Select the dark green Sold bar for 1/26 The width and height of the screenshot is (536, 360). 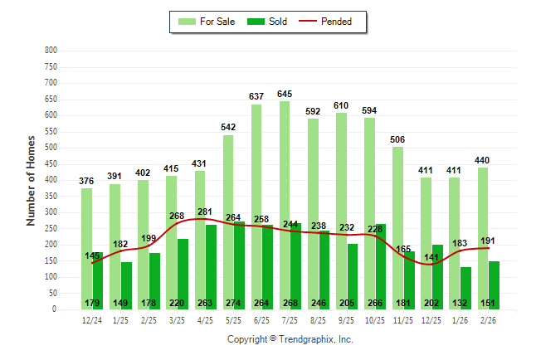(465, 282)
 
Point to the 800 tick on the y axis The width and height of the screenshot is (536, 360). (51, 51)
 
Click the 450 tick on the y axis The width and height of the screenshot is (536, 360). (51, 163)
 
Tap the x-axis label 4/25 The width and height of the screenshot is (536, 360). (205, 320)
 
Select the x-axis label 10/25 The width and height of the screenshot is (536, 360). (375, 320)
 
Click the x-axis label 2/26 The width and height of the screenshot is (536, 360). (488, 320)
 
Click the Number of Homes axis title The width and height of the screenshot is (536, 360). (31, 180)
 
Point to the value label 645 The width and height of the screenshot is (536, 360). (285, 93)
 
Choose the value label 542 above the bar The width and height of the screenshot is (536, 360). (228, 127)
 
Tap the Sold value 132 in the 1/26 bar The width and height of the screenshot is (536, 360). (465, 303)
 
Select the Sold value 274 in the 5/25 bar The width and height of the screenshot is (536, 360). (239, 303)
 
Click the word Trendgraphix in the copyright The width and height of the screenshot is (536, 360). (308, 339)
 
